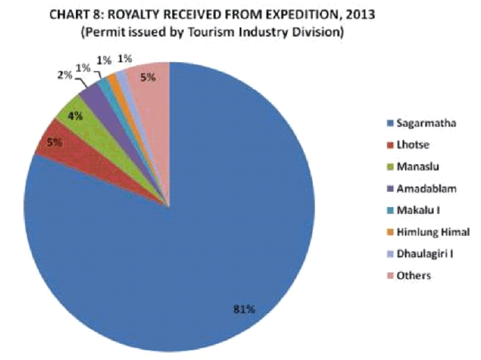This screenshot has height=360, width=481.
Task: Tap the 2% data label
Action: (x=64, y=75)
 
